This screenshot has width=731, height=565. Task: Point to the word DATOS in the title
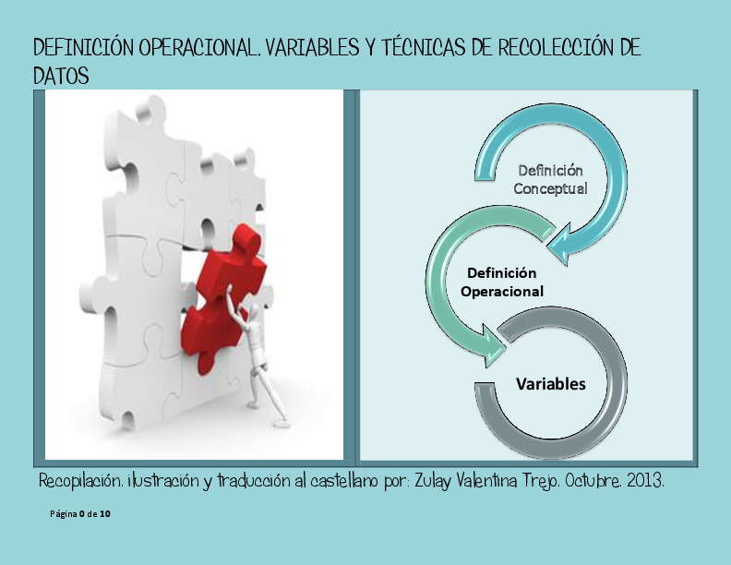coord(61,77)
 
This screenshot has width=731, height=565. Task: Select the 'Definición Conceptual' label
coord(550,179)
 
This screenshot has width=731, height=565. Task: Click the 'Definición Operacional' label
coord(501,282)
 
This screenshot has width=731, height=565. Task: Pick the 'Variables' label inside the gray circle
coord(550,383)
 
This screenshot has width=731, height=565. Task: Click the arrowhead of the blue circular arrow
coord(560,242)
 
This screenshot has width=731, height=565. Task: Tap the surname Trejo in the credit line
coord(533,482)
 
